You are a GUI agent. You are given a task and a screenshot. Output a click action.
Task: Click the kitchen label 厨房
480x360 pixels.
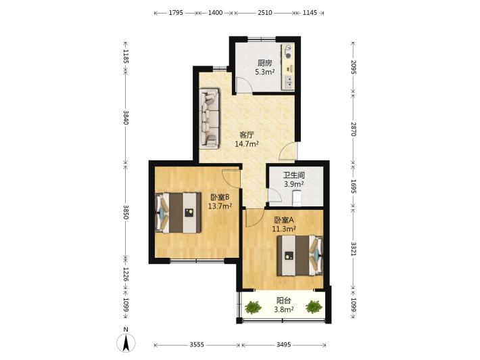pos(265,63)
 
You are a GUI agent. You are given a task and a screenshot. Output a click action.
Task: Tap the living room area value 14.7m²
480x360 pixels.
pos(247,143)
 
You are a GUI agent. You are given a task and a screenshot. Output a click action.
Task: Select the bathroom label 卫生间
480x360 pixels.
pos(294,175)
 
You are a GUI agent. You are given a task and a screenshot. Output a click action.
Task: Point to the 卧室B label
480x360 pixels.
pos(220,197)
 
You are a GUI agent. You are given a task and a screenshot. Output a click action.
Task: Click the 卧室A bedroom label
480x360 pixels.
pos(284,220)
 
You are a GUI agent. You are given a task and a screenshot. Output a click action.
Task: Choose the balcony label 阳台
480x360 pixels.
pos(284,300)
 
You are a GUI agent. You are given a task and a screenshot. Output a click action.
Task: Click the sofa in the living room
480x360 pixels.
pos(210,118)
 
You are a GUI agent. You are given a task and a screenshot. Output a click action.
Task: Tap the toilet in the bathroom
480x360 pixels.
pos(297,198)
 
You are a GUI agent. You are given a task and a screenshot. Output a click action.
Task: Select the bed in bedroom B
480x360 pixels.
pos(178,212)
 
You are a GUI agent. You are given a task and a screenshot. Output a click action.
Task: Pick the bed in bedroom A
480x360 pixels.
pos(300,256)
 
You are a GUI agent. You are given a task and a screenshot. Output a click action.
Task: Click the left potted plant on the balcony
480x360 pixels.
pos(253,307)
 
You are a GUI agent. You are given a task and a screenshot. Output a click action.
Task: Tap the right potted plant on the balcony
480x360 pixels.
pos(314,307)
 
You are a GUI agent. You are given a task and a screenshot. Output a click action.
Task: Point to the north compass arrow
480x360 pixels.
pos(126,342)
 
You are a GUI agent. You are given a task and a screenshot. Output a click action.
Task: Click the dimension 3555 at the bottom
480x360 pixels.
pos(197,344)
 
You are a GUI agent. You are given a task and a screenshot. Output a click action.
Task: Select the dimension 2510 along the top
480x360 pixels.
pos(265,13)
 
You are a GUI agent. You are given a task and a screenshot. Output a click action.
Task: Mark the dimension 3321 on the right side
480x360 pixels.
pos(354,249)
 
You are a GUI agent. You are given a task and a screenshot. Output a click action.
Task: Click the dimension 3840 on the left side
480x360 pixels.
pos(126,117)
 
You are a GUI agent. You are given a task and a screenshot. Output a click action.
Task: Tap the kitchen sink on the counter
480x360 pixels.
pos(289,82)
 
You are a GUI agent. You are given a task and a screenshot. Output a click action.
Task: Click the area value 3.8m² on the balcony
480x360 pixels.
pos(284,309)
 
